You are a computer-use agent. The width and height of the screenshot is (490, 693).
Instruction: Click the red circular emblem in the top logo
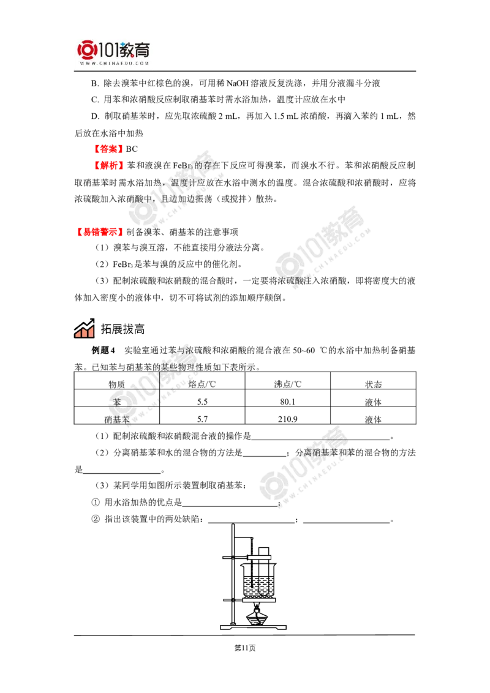pyautogui.click(x=86, y=50)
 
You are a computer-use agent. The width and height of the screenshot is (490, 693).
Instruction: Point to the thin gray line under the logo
pyautogui.click(x=115, y=72)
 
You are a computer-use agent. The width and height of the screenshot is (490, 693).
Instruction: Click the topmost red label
pyautogui.click(x=108, y=148)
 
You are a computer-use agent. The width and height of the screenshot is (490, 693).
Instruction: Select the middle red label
pyautogui.click(x=109, y=165)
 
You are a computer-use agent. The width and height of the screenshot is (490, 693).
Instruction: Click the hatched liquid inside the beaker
pyautogui.click(x=258, y=586)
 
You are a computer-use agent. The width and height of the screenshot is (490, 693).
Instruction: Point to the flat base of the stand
pyautogui.click(x=252, y=626)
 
